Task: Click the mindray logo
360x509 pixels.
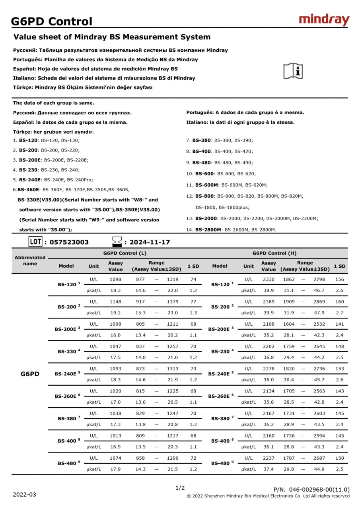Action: click(x=324, y=19)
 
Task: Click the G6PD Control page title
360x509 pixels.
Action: click(x=52, y=21)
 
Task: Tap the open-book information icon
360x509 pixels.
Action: click(x=293, y=71)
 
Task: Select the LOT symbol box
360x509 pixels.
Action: click(x=35, y=241)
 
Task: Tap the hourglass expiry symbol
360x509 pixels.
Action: click(x=117, y=241)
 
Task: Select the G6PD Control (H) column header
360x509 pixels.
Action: click(x=274, y=253)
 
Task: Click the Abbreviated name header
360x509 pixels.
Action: click(x=30, y=260)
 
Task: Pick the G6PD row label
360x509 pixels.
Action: click(x=30, y=374)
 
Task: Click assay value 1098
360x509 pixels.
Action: click(x=115, y=280)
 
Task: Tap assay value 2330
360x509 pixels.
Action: click(x=269, y=280)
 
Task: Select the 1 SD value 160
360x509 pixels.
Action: click(x=340, y=302)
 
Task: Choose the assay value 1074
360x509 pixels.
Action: click(x=115, y=458)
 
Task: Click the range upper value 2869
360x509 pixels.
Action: click(x=319, y=302)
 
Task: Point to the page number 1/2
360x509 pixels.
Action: click(x=180, y=488)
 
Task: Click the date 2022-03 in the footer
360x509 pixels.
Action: click(x=24, y=495)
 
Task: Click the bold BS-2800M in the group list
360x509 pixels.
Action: click(x=208, y=229)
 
